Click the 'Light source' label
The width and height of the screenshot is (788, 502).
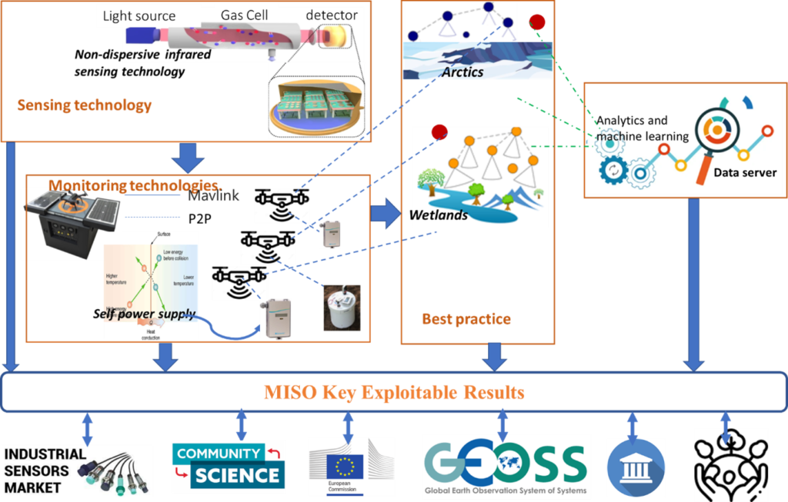point(139,15)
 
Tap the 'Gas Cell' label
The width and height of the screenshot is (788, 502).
point(244,15)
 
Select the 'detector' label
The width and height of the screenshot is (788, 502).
point(332,15)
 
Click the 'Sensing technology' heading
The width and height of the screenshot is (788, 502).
point(85,105)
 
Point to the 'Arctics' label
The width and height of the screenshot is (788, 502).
point(462,71)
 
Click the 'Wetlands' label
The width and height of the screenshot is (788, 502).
point(439,214)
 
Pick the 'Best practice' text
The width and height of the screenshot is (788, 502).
point(466,318)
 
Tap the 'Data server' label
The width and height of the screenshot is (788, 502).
point(744,173)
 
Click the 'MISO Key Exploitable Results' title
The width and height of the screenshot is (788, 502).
point(394,393)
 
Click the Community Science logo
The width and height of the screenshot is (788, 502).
point(228,466)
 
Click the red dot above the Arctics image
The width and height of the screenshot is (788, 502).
point(536,22)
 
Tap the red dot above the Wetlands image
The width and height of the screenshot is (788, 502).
point(439,131)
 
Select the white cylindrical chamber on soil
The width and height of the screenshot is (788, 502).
point(339,307)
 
